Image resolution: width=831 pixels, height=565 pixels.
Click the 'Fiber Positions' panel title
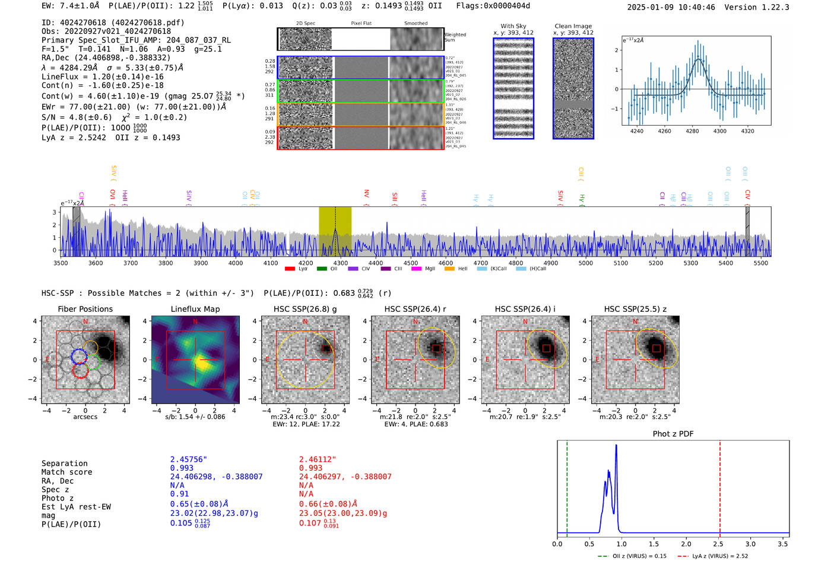click(85, 309)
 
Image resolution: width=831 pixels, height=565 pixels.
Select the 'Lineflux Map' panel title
click(195, 309)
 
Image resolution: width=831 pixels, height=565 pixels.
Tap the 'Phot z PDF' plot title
click(673, 433)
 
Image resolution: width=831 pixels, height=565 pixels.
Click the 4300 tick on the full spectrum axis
click(341, 263)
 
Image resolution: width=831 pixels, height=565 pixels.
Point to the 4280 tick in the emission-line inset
click(692, 131)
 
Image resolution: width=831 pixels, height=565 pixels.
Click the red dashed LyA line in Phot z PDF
click(720, 486)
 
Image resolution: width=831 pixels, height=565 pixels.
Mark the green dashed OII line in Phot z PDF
click(567, 486)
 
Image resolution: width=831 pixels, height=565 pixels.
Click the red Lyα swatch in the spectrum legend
click(290, 269)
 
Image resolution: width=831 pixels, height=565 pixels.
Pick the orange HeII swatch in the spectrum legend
click(449, 269)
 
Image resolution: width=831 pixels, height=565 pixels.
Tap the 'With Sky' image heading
click(513, 26)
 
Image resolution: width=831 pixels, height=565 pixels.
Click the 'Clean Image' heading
click(573, 26)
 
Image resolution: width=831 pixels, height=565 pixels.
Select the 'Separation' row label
click(64, 464)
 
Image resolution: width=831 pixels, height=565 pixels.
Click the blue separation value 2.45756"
click(189, 459)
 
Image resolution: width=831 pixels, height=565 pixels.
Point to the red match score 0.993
click(311, 468)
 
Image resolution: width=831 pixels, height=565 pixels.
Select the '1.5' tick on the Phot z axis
click(654, 544)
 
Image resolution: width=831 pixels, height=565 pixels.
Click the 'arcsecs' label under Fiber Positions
click(85, 417)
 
